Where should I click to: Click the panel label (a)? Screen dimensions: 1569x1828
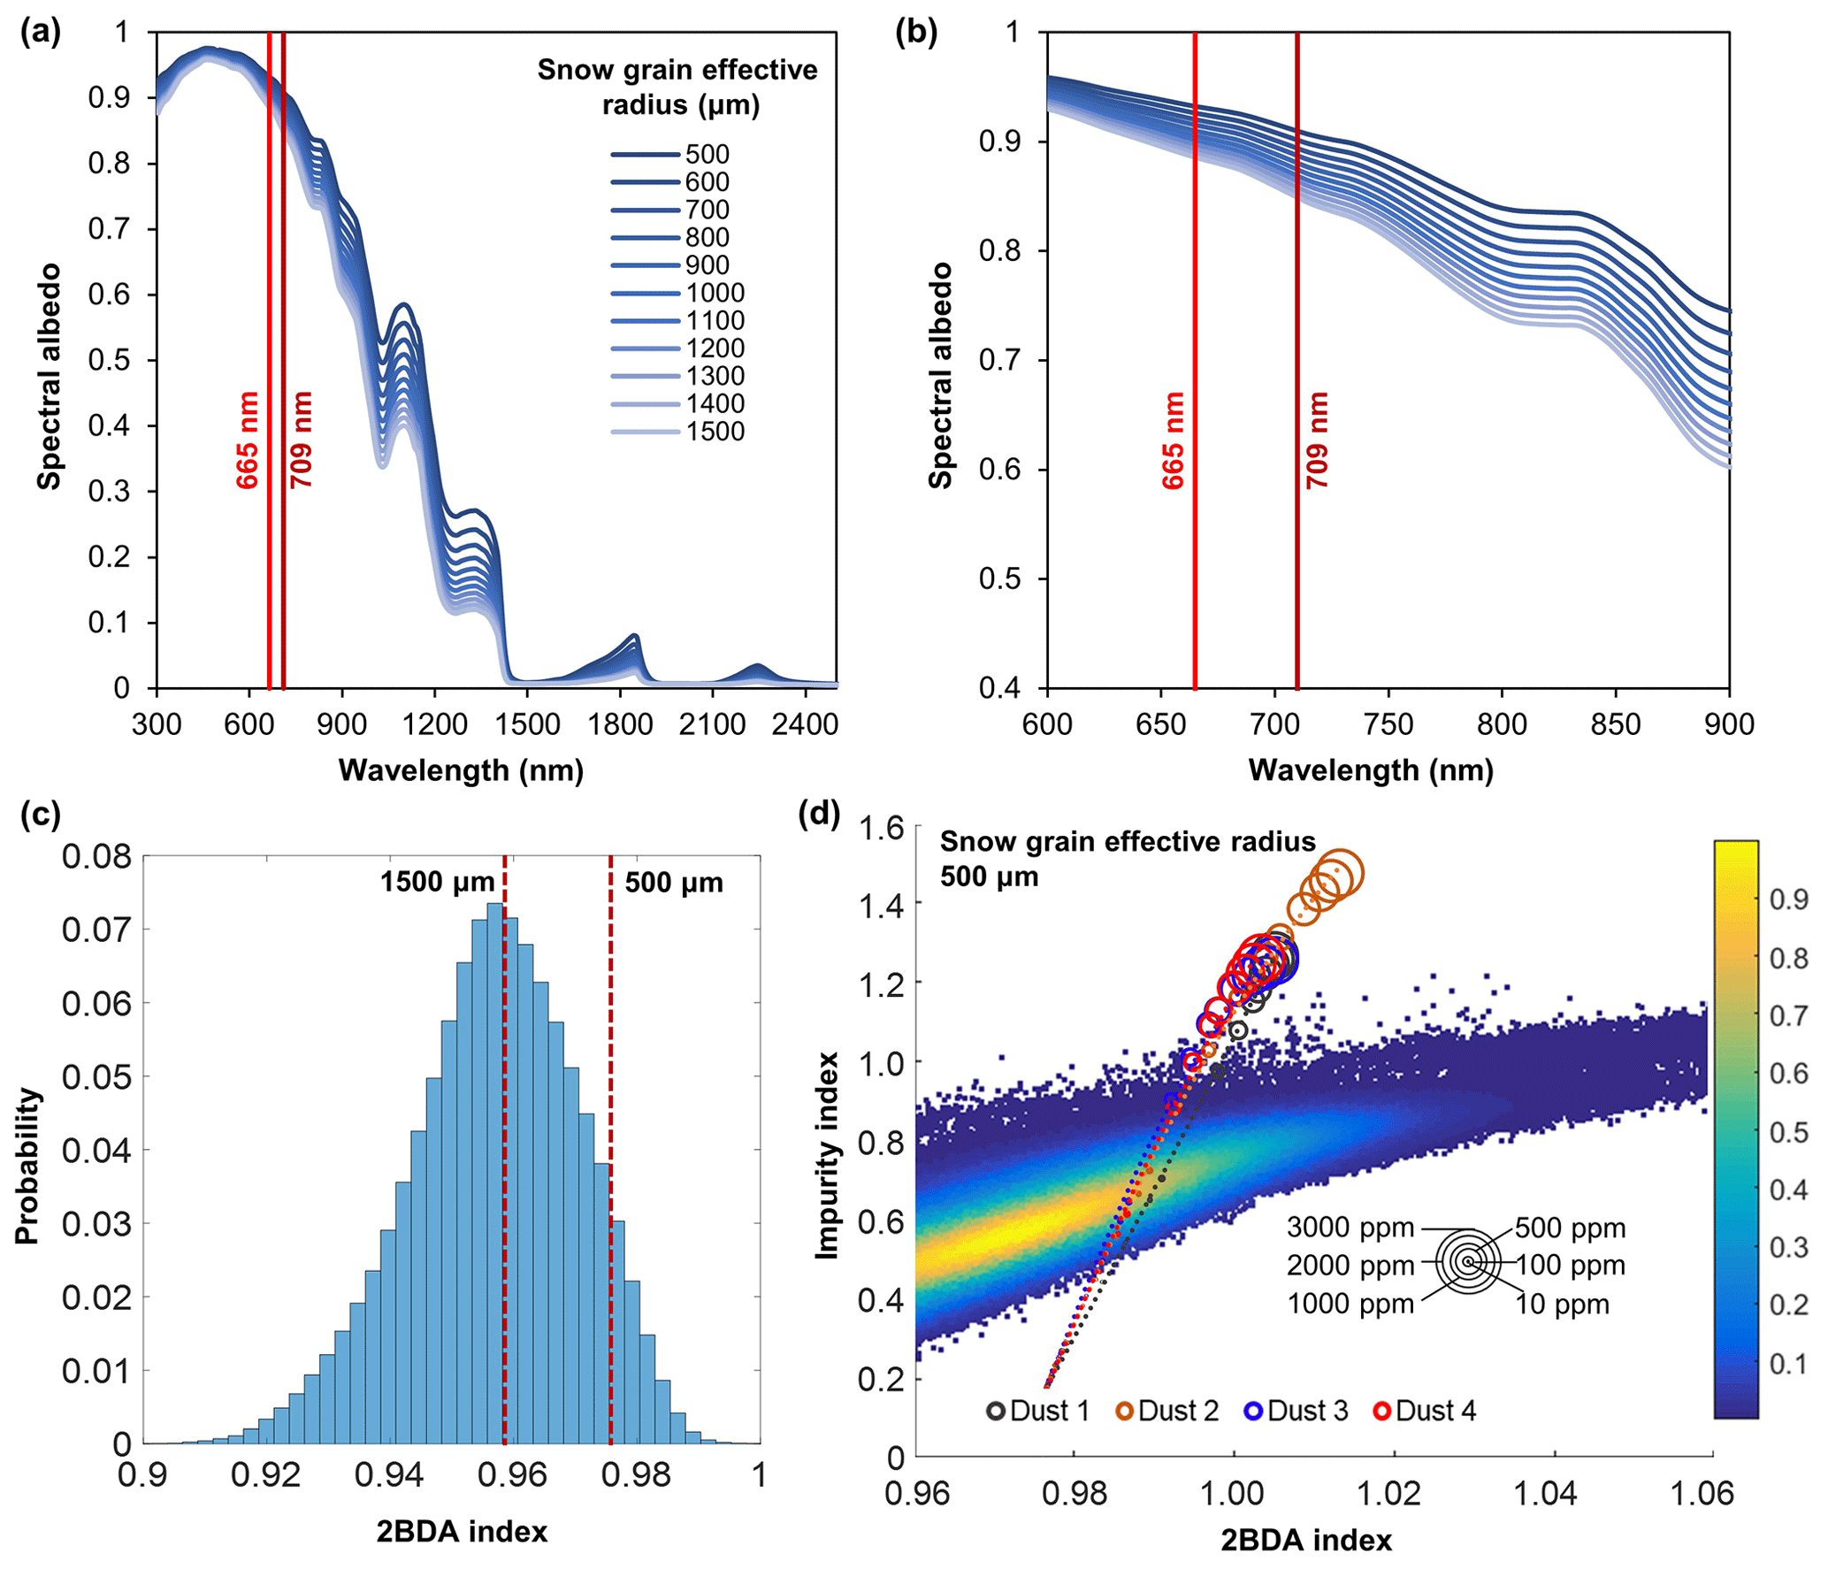(x=40, y=33)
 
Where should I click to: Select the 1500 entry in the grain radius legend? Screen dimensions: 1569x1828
(x=715, y=432)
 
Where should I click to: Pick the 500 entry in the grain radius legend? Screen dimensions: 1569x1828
(x=707, y=155)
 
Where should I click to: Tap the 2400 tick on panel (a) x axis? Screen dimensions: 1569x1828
(x=804, y=724)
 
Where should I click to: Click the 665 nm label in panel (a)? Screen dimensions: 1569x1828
(x=248, y=440)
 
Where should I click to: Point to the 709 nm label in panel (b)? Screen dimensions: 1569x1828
(x=1317, y=440)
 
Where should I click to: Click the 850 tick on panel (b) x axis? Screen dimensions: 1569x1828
(x=1615, y=724)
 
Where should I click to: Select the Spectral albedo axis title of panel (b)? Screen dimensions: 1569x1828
(x=940, y=375)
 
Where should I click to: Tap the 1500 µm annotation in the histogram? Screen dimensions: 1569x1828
(x=437, y=882)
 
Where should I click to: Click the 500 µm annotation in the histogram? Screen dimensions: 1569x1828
(x=674, y=882)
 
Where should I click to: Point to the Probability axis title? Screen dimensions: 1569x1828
(x=27, y=1166)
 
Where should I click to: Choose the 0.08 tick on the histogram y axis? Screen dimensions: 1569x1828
(x=96, y=856)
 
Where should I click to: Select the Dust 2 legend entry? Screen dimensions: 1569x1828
(x=1167, y=1411)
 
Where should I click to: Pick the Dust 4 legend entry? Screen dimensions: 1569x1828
(x=1425, y=1411)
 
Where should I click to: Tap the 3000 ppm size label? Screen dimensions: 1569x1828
(x=1350, y=1228)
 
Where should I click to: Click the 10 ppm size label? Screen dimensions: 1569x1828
(x=1562, y=1305)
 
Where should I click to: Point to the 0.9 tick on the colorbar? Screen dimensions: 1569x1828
(x=1788, y=899)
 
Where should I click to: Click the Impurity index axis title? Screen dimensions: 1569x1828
(x=827, y=1155)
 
